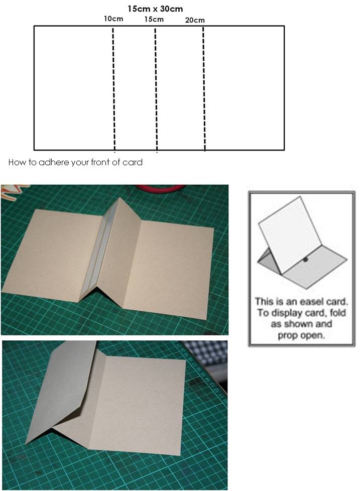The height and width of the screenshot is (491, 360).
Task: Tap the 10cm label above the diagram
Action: [113, 19]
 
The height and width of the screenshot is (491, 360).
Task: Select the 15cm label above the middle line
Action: [154, 19]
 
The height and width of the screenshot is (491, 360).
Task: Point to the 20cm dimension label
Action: [195, 20]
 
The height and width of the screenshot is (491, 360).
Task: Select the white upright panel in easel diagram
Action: [290, 229]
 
